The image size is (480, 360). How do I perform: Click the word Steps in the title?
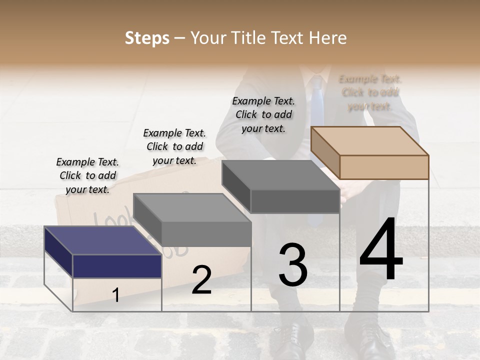tap(147, 38)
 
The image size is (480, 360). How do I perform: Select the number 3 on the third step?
tap(293, 265)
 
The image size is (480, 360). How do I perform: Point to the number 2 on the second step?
tap(201, 279)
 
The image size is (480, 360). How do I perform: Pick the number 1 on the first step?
tap(115, 295)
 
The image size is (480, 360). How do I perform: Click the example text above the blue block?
tap(87, 175)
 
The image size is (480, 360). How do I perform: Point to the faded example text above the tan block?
tap(370, 92)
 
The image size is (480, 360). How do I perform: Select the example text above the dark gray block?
tap(263, 114)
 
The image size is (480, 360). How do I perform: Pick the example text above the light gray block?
tap(174, 146)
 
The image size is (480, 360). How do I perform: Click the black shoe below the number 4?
tap(370, 340)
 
